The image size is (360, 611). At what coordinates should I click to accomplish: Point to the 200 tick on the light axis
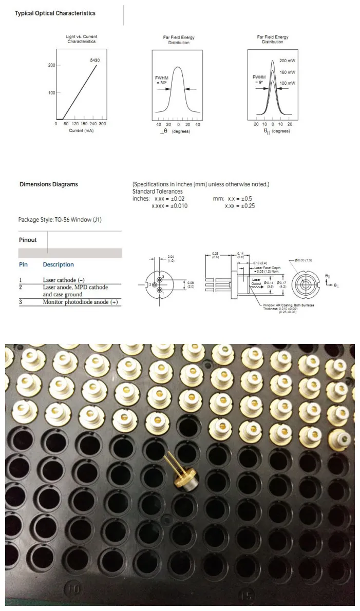tap(51, 66)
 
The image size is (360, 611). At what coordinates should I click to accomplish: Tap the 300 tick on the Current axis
tap(102, 124)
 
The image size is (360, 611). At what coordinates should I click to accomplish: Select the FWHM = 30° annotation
tap(161, 80)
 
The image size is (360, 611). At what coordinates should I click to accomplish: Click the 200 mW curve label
tap(287, 61)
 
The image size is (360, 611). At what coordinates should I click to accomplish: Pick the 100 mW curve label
tap(287, 83)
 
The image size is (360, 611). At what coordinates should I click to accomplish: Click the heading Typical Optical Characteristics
tap(54, 13)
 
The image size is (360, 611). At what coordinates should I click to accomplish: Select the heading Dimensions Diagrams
tap(48, 184)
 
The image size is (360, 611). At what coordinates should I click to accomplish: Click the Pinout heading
tap(28, 240)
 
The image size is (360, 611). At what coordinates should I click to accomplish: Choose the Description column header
tap(58, 264)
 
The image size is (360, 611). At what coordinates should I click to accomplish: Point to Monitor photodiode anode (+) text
tap(80, 302)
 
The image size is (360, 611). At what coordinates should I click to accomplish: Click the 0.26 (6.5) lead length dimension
tap(216, 255)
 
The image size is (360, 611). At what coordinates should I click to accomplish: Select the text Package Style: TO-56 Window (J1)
tap(63, 220)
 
